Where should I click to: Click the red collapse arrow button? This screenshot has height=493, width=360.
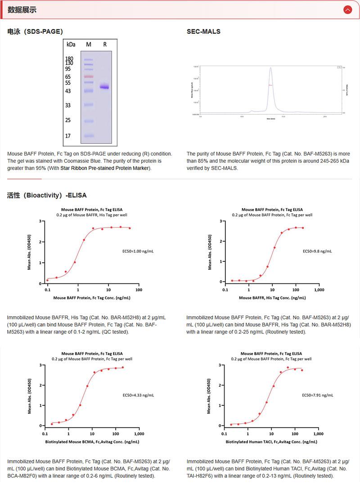click(x=347, y=9)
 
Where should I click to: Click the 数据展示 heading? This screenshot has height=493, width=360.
click(x=22, y=10)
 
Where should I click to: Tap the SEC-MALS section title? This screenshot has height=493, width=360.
click(x=203, y=31)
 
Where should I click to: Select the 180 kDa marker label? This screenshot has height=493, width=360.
click(x=69, y=59)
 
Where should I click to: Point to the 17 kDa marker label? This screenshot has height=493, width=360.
click(x=68, y=135)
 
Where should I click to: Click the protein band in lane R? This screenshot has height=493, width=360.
click(x=105, y=87)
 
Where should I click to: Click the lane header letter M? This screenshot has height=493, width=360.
click(x=89, y=45)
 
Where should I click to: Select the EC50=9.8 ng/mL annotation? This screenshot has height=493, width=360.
click(x=317, y=251)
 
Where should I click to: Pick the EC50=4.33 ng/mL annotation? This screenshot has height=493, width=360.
click(x=138, y=395)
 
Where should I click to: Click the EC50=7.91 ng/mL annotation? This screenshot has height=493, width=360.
click(x=317, y=395)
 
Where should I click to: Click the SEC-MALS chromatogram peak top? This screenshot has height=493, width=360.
click(x=270, y=68)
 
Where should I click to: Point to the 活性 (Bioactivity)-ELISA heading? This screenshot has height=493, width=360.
click(x=47, y=195)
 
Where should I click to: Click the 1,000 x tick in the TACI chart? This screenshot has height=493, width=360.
click(x=318, y=434)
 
